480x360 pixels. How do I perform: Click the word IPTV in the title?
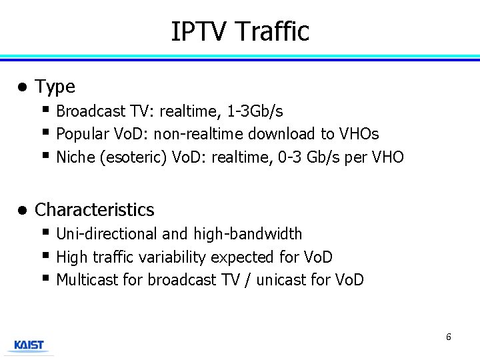click(x=199, y=31)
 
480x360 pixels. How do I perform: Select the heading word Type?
click(x=55, y=87)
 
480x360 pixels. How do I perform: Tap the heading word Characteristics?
click(x=94, y=210)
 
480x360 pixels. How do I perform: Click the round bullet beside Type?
click(x=22, y=87)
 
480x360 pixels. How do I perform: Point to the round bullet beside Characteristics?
click(x=22, y=210)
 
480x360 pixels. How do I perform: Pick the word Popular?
click(x=82, y=134)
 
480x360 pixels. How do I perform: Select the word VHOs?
click(x=359, y=134)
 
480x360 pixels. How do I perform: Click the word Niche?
click(x=74, y=157)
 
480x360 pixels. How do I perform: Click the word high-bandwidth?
click(x=247, y=234)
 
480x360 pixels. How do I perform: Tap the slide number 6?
click(x=448, y=337)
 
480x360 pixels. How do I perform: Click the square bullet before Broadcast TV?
click(x=45, y=109)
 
